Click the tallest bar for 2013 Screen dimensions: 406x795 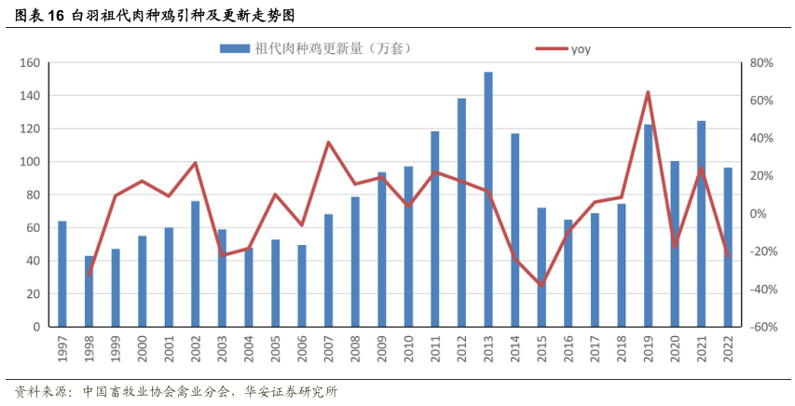[487, 199]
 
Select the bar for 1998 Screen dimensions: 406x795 [89, 291]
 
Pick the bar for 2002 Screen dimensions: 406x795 [196, 264]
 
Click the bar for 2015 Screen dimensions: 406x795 [541, 267]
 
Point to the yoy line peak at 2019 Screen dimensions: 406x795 [648, 92]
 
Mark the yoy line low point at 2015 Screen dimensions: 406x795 [541, 285]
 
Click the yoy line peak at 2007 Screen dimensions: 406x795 [328, 142]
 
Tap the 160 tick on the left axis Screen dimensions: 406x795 [29, 63]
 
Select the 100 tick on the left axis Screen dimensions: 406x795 [29, 162]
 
